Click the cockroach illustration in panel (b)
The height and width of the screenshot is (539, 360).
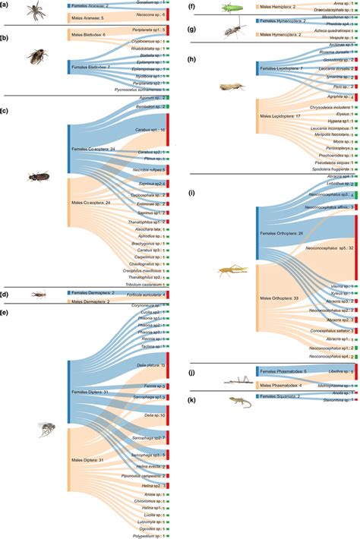click(x=36, y=57)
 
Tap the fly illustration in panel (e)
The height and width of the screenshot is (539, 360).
click(x=47, y=429)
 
